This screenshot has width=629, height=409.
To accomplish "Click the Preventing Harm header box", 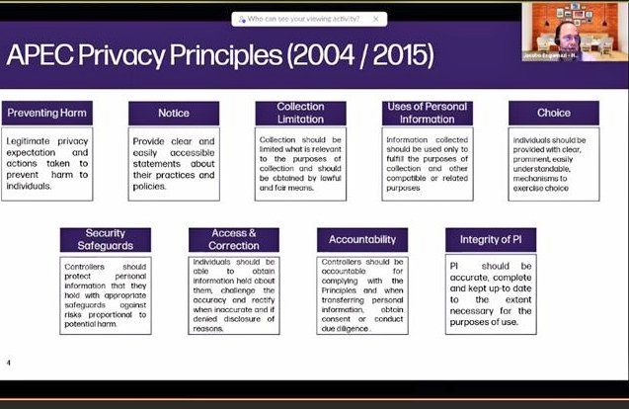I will point(46,113).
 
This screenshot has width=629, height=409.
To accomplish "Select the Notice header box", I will point(173,113).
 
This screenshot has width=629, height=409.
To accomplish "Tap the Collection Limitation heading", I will point(300,113).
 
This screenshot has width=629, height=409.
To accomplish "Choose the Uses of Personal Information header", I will point(427,113).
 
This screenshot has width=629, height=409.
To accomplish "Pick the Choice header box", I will point(553,113).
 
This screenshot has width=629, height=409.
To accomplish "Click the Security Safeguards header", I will point(106,240).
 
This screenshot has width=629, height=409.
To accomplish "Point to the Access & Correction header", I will point(233,240).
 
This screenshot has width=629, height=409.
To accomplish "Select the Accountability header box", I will point(362,240).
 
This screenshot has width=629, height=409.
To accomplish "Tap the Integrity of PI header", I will point(491,240).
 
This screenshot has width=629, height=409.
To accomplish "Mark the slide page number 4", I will point(9,363).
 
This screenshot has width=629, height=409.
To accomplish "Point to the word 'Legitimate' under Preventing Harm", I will point(31,141).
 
